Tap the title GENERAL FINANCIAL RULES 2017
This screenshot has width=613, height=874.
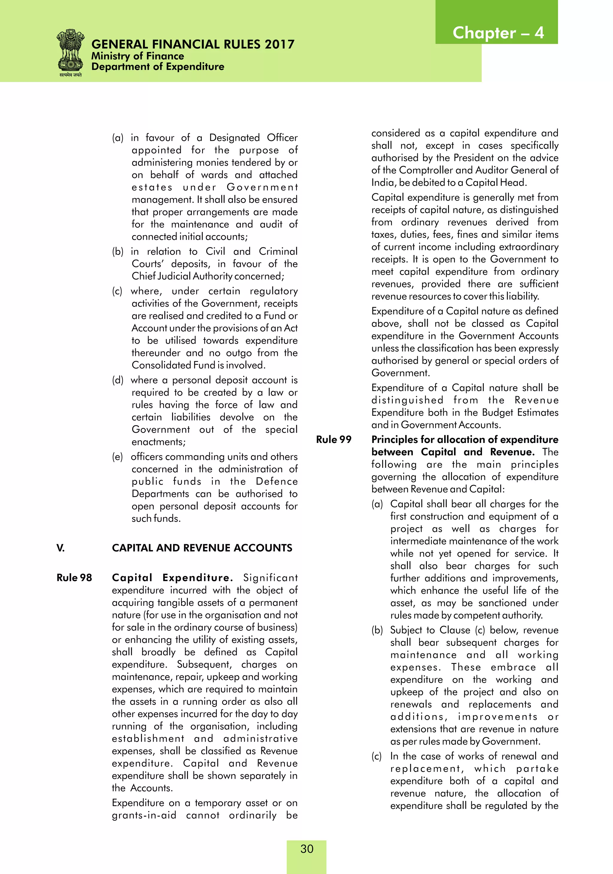point(193,44)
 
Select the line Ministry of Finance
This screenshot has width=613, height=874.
point(137,56)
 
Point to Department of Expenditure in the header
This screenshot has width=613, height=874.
point(158,67)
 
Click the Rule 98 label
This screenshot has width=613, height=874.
point(74,577)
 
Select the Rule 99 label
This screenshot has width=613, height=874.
point(333,439)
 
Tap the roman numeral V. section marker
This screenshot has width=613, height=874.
point(60,548)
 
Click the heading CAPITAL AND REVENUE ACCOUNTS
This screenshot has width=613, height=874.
point(202,548)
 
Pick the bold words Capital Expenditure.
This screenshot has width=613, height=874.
point(172,577)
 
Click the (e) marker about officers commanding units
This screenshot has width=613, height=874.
point(117,456)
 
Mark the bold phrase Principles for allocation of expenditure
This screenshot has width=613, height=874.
point(465,439)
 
